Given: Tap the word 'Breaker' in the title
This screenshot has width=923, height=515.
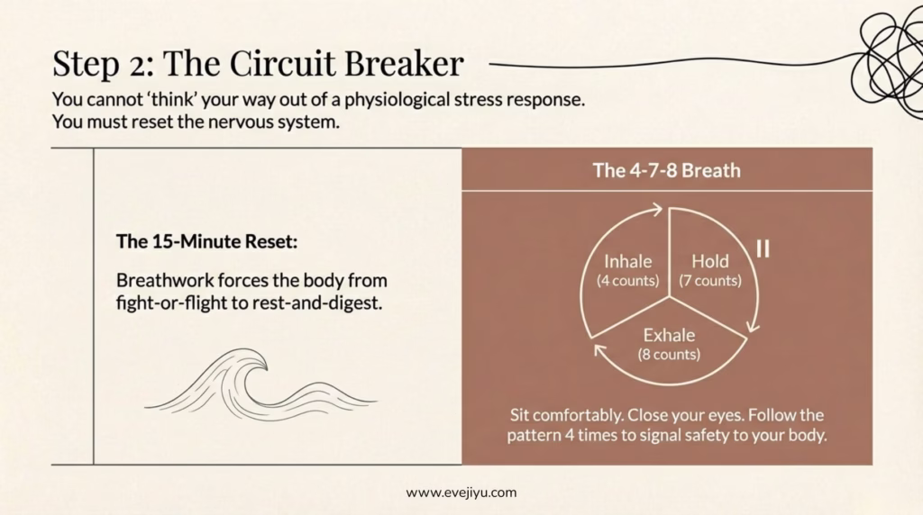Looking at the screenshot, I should pos(405,64).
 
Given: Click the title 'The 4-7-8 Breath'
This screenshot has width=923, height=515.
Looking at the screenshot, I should pos(666,169).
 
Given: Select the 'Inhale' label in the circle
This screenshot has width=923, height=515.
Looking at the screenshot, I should pos(627,262).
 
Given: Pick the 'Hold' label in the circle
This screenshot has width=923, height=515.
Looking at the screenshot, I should pos(709,262).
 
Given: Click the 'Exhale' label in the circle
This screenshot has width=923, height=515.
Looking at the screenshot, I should pos(669,336).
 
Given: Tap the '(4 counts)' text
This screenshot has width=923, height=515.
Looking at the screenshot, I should pos(627,280).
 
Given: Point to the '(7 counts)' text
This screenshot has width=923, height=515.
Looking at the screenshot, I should pos(710,280).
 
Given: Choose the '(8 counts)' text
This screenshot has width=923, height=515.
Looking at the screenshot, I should pos(669,354).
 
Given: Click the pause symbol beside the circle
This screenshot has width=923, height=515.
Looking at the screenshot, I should pos(763,248).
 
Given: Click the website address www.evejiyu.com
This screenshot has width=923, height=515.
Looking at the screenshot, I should pos(461,492).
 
